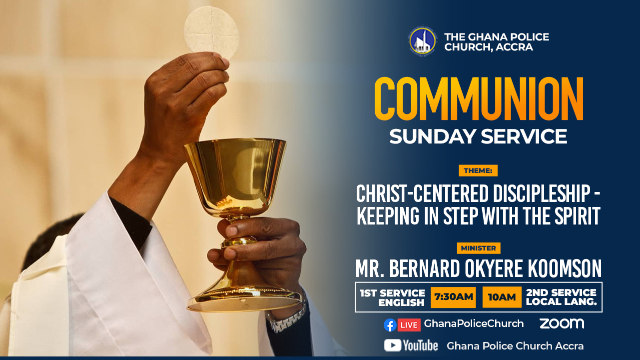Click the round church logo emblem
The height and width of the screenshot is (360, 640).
coord(422,40)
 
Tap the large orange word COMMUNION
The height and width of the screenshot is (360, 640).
coord(479,98)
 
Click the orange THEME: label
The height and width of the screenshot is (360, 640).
coord(478,170)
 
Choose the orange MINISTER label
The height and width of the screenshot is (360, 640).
coord(479,248)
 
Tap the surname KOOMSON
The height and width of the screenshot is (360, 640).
coord(564,268)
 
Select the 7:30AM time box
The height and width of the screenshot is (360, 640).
coord(453,297)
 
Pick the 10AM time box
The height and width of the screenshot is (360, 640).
coord(502,297)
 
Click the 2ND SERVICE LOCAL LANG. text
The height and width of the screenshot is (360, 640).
coord(562,297)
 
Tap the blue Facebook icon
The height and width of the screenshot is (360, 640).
coord(390,325)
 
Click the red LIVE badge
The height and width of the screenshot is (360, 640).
coord(409,325)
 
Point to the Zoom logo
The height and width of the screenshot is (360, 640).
coord(562,323)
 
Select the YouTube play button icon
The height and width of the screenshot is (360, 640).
coord(393,345)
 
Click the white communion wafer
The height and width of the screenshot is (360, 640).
coord(211,32)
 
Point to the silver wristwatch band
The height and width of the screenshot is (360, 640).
coord(286,319)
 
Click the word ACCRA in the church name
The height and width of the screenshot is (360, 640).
coord(514,47)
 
